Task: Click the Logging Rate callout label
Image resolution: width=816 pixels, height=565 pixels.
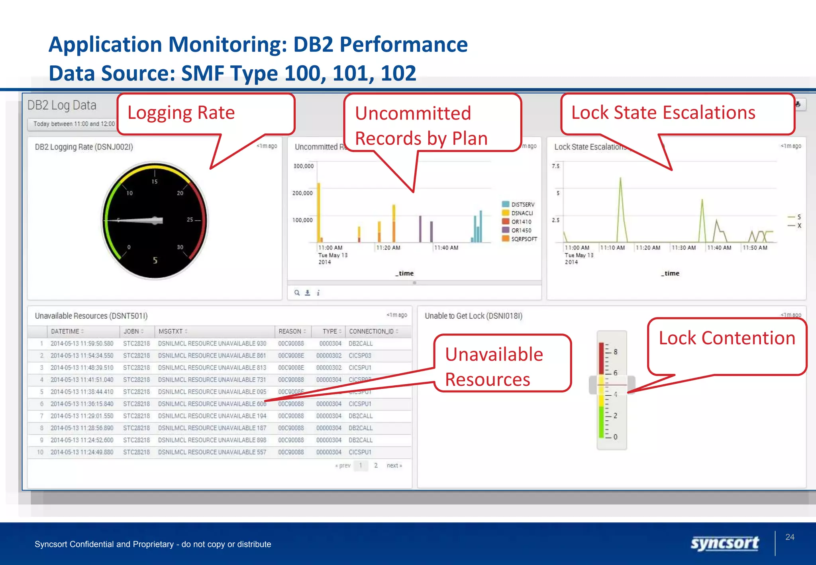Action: pyautogui.click(x=181, y=113)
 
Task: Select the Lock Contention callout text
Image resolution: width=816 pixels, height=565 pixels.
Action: pyautogui.click(x=727, y=338)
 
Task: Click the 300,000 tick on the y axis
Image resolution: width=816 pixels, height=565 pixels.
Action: pyautogui.click(x=304, y=166)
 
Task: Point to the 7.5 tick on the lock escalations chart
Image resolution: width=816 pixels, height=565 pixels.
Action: pyautogui.click(x=555, y=166)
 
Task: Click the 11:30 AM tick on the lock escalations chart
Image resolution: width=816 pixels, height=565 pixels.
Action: pyautogui.click(x=684, y=248)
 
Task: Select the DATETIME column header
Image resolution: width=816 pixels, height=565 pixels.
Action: pyautogui.click(x=65, y=332)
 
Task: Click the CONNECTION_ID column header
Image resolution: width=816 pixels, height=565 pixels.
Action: pyautogui.click(x=371, y=332)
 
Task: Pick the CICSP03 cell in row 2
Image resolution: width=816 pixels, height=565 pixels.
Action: pyautogui.click(x=360, y=355)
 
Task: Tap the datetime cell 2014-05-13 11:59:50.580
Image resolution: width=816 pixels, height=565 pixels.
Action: pyautogui.click(x=82, y=343)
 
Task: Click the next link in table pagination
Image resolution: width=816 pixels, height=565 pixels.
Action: pyautogui.click(x=394, y=465)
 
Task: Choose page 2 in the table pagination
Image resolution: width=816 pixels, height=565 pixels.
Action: pyautogui.click(x=376, y=465)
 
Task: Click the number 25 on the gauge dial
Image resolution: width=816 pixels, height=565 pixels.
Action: pyautogui.click(x=190, y=220)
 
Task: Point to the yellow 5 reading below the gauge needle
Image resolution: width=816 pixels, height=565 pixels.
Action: pyautogui.click(x=155, y=261)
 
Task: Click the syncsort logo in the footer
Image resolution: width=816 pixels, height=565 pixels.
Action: pyautogui.click(x=724, y=543)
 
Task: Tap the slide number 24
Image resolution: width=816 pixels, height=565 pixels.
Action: pyautogui.click(x=790, y=537)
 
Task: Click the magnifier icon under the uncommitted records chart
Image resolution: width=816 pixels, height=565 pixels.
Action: pyautogui.click(x=297, y=293)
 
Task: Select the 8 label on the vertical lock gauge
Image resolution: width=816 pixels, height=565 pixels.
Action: pyautogui.click(x=616, y=352)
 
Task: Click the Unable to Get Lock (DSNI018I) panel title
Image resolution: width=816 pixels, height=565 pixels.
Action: pyautogui.click(x=473, y=316)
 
